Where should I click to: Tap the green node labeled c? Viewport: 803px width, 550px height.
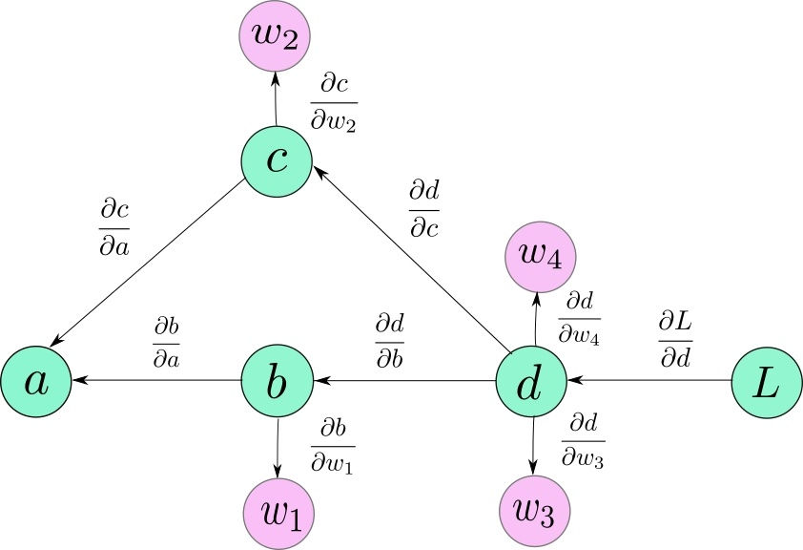(277, 159)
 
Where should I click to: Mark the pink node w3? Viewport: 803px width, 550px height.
(536, 511)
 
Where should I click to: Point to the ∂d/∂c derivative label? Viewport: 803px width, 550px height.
(423, 209)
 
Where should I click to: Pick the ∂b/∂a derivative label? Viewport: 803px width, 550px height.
(167, 341)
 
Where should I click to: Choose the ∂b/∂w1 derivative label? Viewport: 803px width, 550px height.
(333, 444)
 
